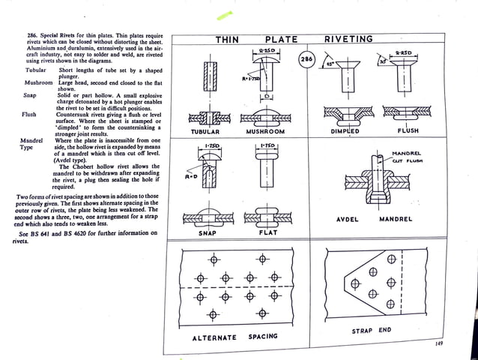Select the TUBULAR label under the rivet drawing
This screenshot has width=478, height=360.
pos(205,131)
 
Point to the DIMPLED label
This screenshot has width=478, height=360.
pos(345,131)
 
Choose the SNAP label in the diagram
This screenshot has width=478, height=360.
pos(208,233)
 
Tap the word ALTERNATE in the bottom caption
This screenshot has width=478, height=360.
pos(214,337)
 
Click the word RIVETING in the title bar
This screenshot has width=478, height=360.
pos(348,39)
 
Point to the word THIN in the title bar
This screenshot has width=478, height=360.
pos(228,39)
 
